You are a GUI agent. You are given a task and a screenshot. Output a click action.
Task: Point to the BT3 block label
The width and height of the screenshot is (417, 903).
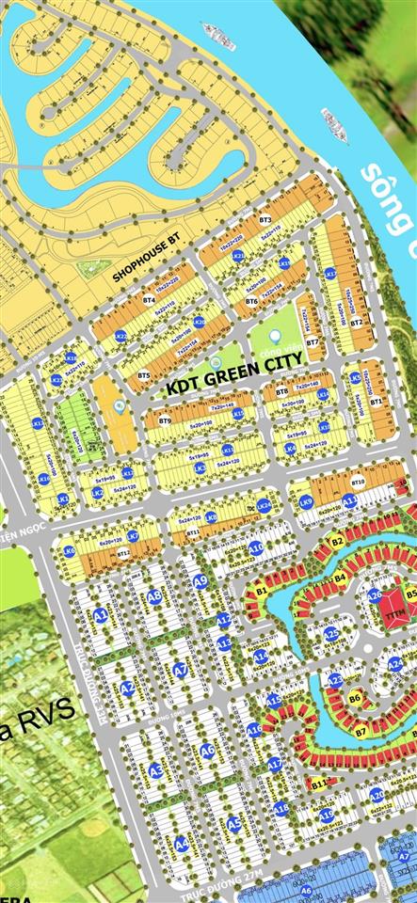point(265,219)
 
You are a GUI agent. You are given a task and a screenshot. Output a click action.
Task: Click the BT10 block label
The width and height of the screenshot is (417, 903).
point(358,482)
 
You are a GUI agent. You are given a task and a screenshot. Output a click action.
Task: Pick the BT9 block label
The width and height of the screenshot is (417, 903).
point(166,420)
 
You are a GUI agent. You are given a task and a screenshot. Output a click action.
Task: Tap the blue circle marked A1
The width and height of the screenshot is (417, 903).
point(100,616)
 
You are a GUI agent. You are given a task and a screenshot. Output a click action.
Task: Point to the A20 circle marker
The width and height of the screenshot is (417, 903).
point(377,795)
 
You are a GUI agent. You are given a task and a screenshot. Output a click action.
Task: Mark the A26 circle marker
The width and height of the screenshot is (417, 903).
point(375,594)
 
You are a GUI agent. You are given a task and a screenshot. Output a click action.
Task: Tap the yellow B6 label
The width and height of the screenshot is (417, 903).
point(355,698)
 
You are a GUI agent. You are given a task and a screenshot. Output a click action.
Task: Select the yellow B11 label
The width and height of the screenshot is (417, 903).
point(320,783)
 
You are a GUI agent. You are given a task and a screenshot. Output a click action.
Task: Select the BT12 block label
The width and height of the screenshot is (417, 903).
point(123,554)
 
